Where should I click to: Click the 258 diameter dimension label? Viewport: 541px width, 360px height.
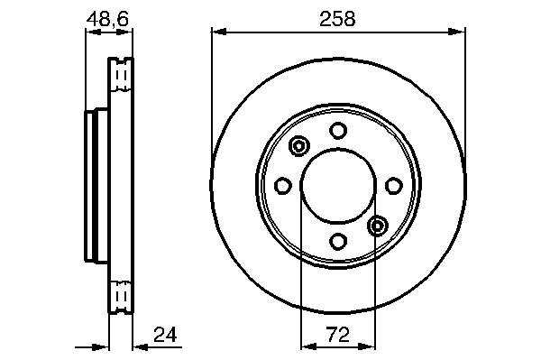click(337, 19)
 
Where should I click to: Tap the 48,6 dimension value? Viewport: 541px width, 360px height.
click(107, 19)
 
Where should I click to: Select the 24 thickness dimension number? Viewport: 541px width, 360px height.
click(165, 335)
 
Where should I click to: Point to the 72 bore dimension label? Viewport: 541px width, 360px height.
click(338, 335)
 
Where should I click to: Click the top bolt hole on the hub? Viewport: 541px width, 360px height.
click(338, 131)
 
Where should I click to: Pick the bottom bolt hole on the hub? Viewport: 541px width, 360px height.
click(338, 241)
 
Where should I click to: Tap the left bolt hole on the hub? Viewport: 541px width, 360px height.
click(282, 186)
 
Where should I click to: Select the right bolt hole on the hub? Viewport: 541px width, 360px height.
click(394, 186)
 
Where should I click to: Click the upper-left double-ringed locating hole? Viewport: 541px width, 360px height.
click(298, 146)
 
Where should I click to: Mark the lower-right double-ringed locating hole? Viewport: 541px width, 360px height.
click(378, 226)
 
